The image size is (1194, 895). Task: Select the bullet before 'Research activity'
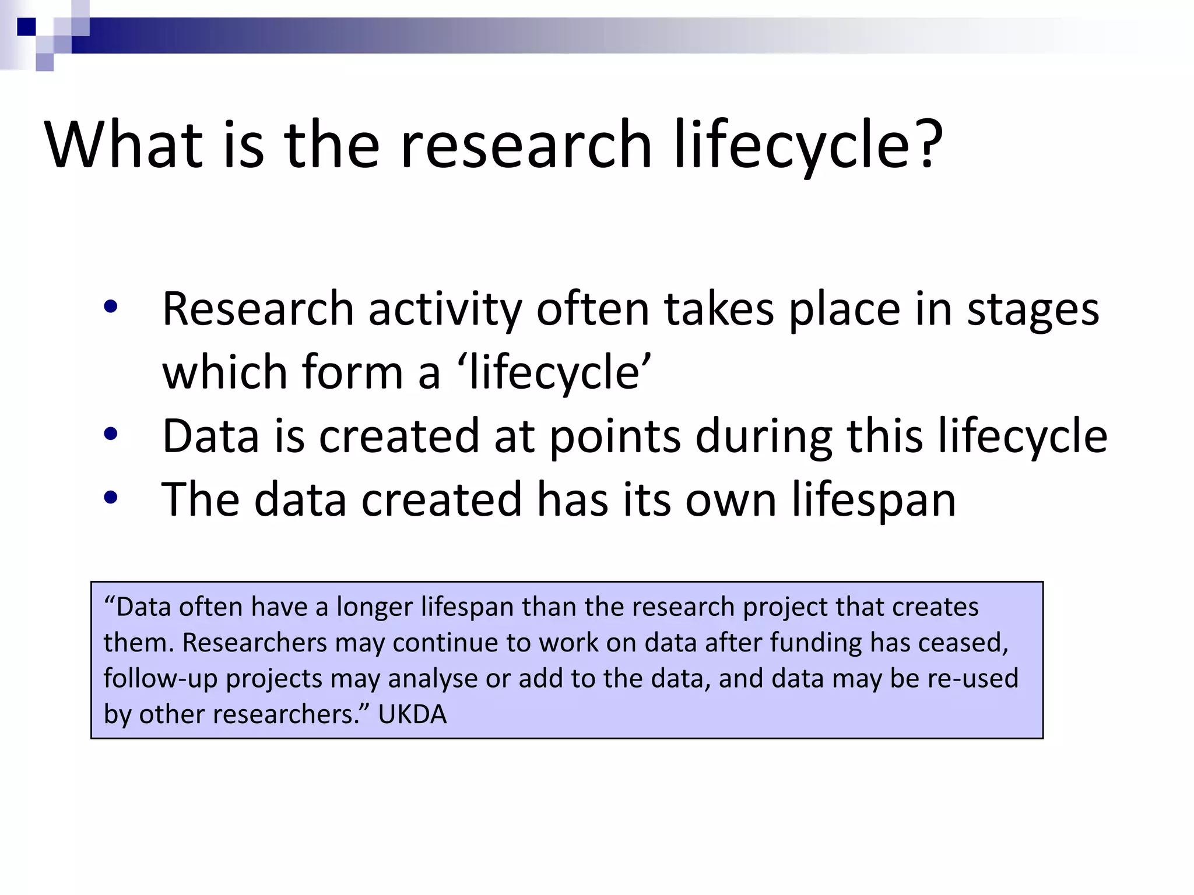[x=110, y=306]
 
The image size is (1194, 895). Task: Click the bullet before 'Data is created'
[x=110, y=434]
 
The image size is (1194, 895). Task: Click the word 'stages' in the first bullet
[x=1033, y=310]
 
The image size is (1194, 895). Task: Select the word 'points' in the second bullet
[x=614, y=437]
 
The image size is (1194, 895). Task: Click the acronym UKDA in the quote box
[x=412, y=714]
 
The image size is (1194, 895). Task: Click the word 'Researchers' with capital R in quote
[x=254, y=643]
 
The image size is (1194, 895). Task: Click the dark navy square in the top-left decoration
[x=26, y=27]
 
